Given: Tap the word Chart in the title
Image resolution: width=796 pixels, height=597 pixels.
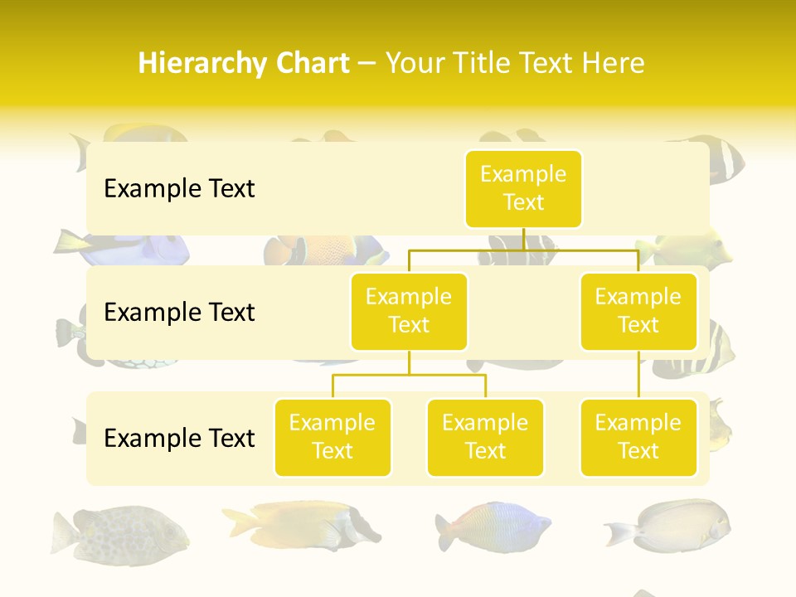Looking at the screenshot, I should pyautogui.click(x=311, y=64).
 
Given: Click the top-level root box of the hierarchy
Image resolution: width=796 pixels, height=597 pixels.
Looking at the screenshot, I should pyautogui.click(x=523, y=189).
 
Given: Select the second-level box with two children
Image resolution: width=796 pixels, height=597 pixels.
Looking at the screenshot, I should pyautogui.click(x=409, y=312).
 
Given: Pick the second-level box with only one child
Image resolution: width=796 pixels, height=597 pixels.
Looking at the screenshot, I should pyautogui.click(x=638, y=312).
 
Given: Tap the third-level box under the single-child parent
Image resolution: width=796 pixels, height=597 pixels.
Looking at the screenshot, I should pyautogui.click(x=638, y=438).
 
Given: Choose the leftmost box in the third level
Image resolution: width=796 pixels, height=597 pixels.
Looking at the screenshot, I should pyautogui.click(x=332, y=438).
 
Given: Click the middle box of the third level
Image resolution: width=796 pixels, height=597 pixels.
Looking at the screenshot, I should pyautogui.click(x=485, y=438).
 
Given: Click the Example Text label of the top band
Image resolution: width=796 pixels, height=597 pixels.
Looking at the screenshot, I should pyautogui.click(x=179, y=189).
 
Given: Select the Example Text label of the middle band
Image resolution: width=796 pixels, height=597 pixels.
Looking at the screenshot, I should pyautogui.click(x=179, y=313).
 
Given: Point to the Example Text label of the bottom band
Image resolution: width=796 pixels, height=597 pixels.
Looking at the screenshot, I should pyautogui.click(x=179, y=438).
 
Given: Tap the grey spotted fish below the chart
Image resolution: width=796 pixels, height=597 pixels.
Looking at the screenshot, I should pyautogui.click(x=120, y=531).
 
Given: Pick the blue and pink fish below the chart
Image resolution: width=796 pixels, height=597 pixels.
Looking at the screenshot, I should pyautogui.click(x=494, y=526).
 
